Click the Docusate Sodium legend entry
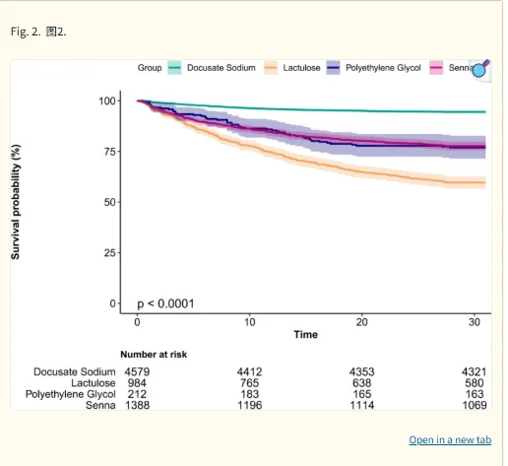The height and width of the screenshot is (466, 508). [x=222, y=68]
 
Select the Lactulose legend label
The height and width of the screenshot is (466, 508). [x=301, y=68]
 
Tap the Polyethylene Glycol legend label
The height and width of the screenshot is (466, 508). [x=383, y=68]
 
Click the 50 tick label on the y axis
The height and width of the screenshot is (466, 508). [x=109, y=202]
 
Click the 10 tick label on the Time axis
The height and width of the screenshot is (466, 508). [x=249, y=322]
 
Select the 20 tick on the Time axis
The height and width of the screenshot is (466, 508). [x=361, y=322]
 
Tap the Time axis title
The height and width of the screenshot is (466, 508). [x=306, y=335]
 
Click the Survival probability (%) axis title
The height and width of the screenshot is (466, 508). [x=16, y=202]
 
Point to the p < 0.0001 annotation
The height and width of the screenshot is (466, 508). [x=165, y=303]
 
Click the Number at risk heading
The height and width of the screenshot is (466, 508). [x=154, y=355]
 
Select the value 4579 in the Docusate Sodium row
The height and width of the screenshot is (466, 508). [x=137, y=371]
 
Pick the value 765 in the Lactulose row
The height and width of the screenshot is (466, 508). [x=249, y=383]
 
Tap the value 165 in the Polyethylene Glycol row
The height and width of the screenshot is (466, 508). [x=362, y=394]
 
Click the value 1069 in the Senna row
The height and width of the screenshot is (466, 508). [x=475, y=405]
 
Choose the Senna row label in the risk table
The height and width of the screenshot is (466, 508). [x=100, y=405]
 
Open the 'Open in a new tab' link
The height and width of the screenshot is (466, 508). [x=450, y=439]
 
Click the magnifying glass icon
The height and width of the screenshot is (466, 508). [x=480, y=69]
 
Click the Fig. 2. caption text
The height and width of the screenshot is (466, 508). [x=26, y=32]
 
